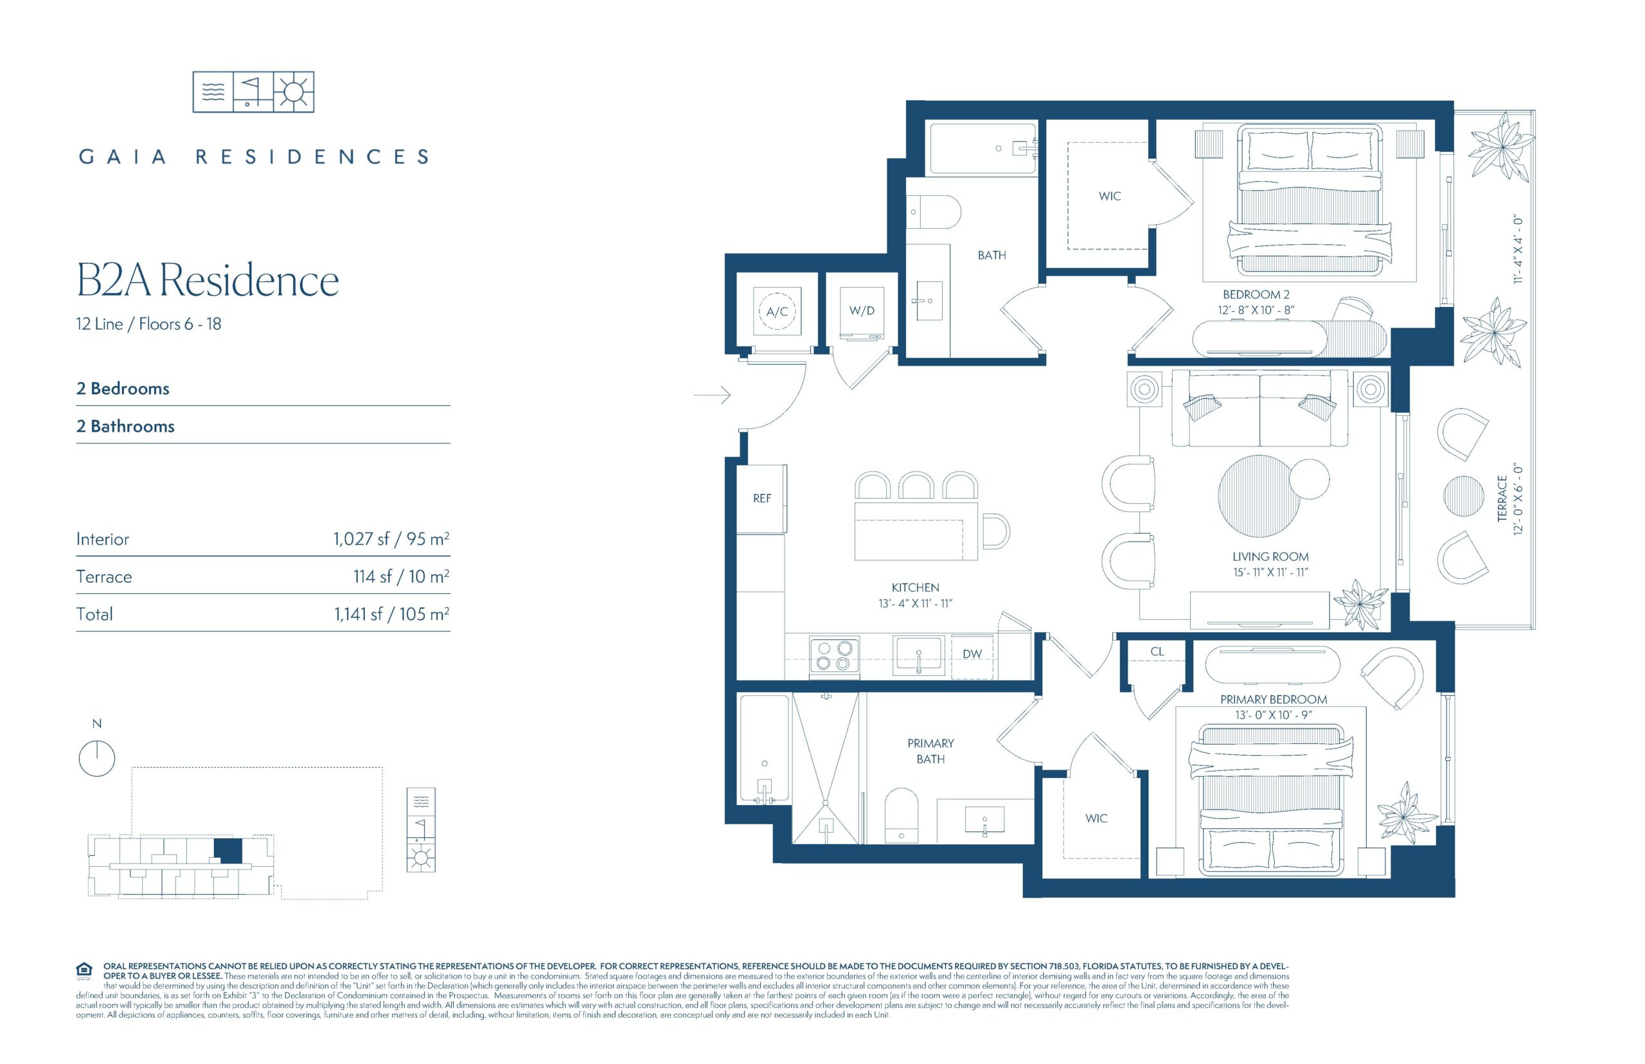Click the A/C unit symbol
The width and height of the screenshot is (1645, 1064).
(x=777, y=312)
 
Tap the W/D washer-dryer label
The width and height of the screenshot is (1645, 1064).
(x=862, y=311)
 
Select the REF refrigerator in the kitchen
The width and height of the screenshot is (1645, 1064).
(x=761, y=499)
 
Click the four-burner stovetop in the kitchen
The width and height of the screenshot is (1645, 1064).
(x=834, y=655)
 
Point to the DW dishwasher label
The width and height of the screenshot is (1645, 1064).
(x=972, y=653)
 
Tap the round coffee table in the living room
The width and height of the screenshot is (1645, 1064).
(x=1259, y=496)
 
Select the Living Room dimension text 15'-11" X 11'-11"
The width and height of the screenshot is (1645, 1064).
(x=1270, y=572)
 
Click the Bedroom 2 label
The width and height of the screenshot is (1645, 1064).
(x=1256, y=294)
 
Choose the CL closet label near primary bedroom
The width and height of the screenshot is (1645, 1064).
(x=1157, y=652)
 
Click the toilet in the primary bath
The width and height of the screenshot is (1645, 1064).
(x=902, y=815)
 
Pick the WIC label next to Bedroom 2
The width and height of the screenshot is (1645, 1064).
(x=1110, y=196)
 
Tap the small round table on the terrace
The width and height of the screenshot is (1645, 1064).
(x=1463, y=496)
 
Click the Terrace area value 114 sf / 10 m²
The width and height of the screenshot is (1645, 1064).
(x=401, y=576)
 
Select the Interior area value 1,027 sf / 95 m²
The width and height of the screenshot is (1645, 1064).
(x=391, y=538)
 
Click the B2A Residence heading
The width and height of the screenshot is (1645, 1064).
(x=208, y=281)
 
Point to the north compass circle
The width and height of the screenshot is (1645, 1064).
(x=97, y=759)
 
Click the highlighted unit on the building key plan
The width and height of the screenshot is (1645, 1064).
(x=228, y=851)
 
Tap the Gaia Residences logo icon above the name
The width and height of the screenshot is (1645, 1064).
(x=253, y=92)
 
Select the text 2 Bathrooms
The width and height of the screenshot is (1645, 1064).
(x=125, y=426)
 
